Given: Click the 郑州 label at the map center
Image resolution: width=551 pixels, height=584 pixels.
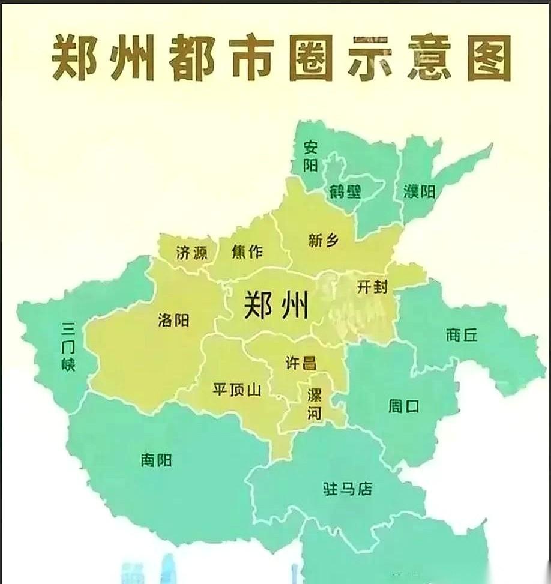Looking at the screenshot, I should (x=276, y=306).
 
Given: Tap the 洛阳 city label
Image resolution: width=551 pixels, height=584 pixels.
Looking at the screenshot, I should (x=173, y=321).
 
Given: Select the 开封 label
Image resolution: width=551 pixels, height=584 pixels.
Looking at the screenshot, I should (x=372, y=287).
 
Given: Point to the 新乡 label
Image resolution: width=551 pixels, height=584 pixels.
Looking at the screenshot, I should (x=324, y=241).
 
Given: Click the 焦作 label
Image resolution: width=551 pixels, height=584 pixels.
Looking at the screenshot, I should (x=247, y=252).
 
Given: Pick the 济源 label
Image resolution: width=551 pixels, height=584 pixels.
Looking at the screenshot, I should (x=191, y=253).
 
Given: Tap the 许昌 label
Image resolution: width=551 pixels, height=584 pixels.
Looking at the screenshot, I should (x=301, y=363).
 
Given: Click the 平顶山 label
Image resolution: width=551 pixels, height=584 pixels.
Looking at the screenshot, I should (x=237, y=390).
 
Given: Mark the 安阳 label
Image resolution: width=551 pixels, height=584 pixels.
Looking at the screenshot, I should (x=310, y=155).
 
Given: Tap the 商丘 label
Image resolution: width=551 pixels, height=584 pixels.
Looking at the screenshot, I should (x=462, y=335).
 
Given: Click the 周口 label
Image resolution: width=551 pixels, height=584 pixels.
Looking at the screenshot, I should (x=403, y=406).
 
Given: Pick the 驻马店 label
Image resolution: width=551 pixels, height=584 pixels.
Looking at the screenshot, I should (x=348, y=489).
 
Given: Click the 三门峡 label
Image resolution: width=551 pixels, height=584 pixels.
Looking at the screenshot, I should (x=68, y=347).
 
